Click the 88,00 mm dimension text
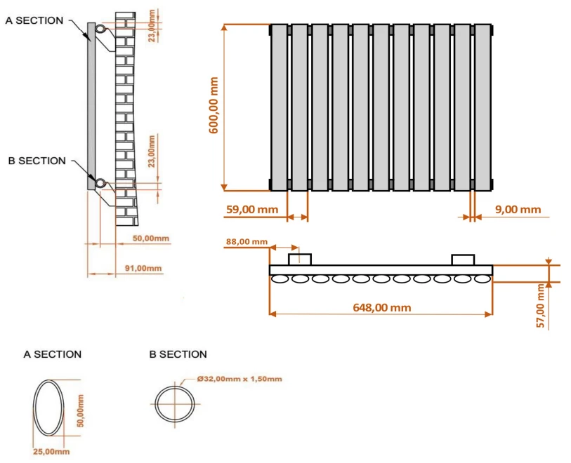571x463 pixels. tap(246, 242)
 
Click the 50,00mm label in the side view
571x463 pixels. tap(151, 239)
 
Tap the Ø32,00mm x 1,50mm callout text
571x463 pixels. tap(239, 379)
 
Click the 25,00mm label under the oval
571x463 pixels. tap(51, 451)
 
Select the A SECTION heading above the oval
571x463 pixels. tap(53, 354)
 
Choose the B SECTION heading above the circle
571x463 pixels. tap(178, 354)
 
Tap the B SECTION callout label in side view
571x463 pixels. tap(37, 161)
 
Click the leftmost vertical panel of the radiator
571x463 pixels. tap(279, 107)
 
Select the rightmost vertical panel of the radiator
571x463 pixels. tap(483, 107)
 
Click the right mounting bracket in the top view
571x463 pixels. tap(463, 260)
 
